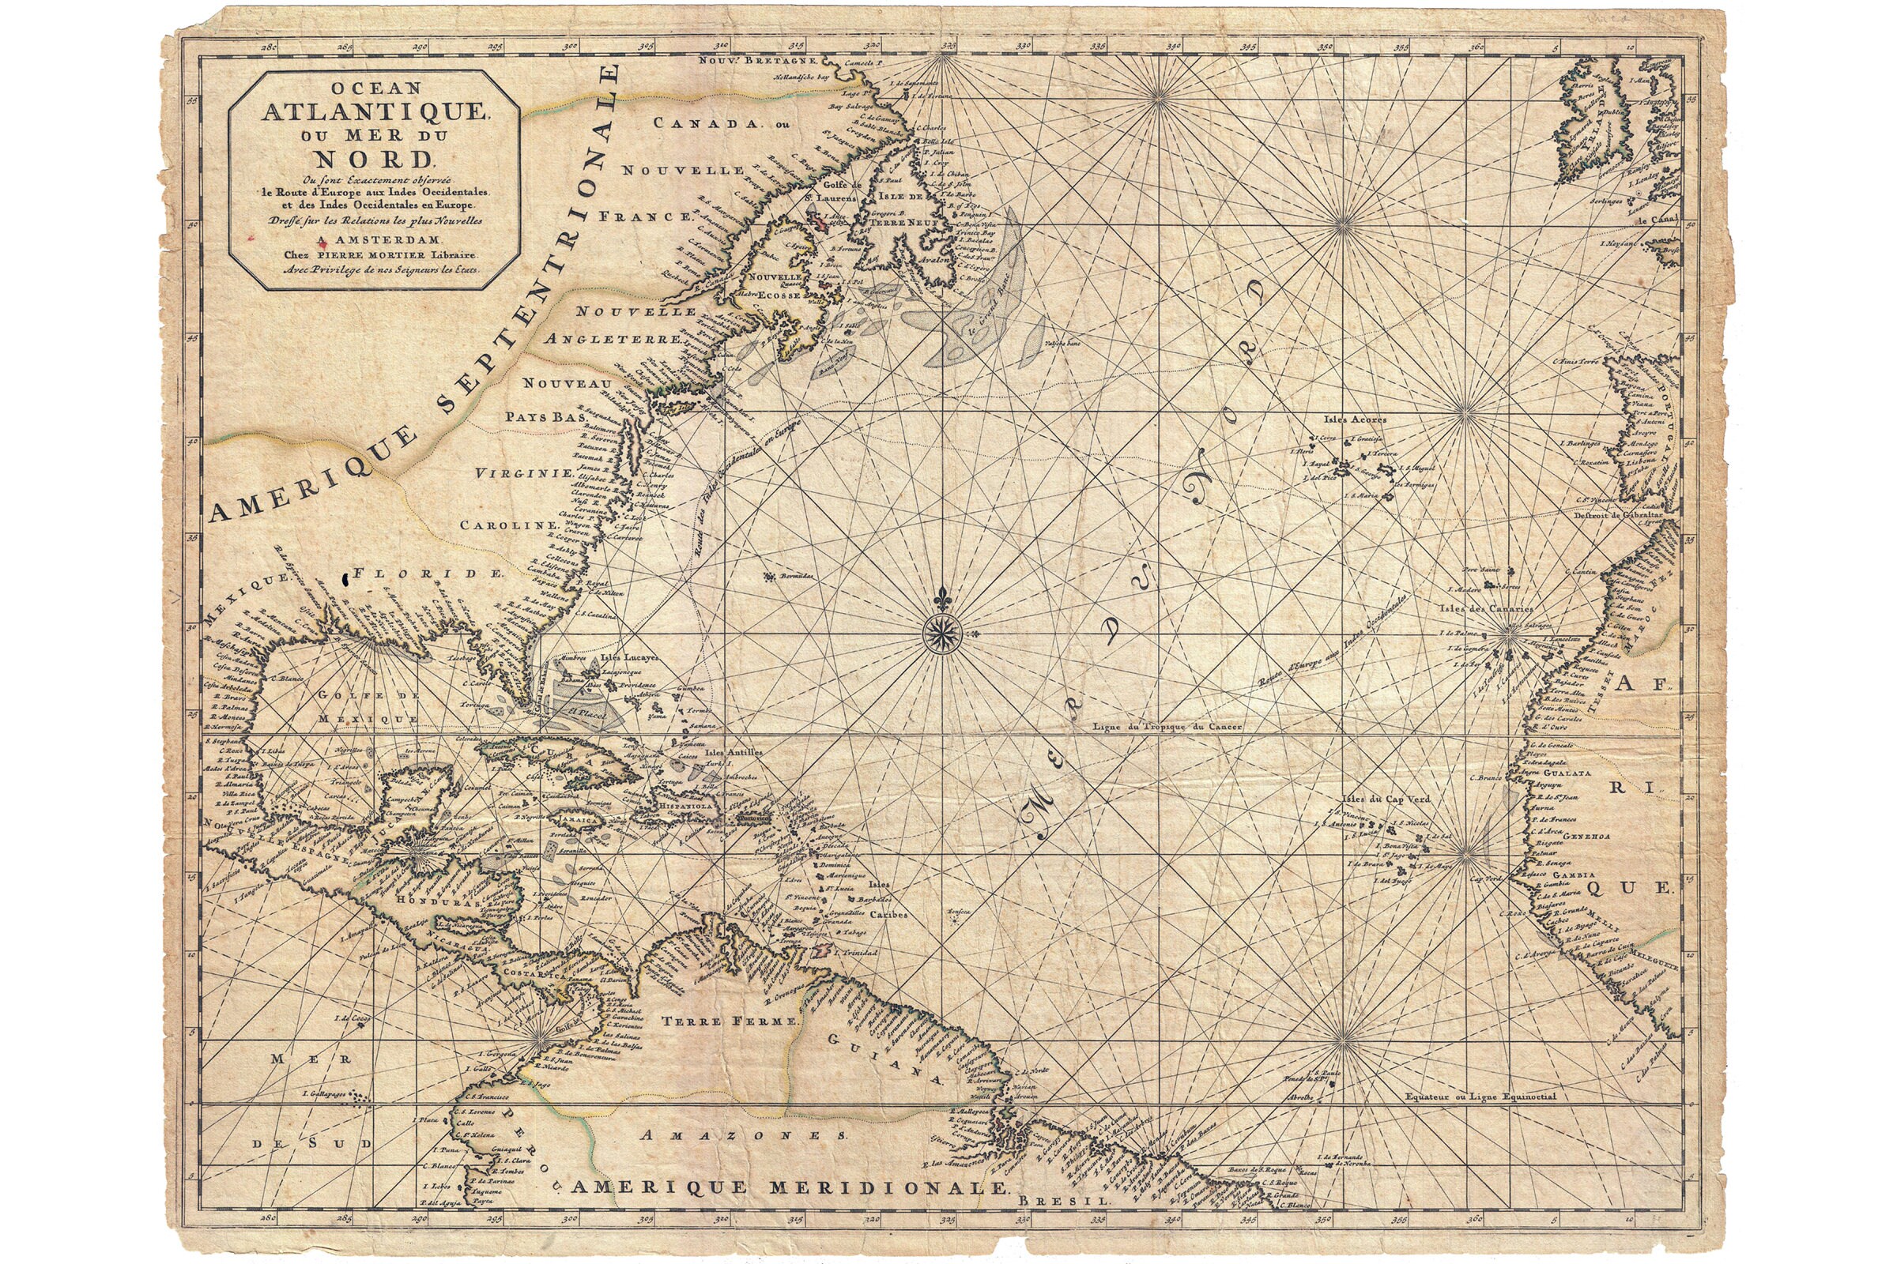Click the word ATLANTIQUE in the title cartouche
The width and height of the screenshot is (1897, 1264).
[372, 112]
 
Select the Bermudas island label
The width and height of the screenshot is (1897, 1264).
[795, 577]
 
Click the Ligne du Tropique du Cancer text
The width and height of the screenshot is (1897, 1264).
[1164, 726]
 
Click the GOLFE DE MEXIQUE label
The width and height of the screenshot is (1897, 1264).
[368, 706]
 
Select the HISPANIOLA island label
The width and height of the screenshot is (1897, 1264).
[685, 805]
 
